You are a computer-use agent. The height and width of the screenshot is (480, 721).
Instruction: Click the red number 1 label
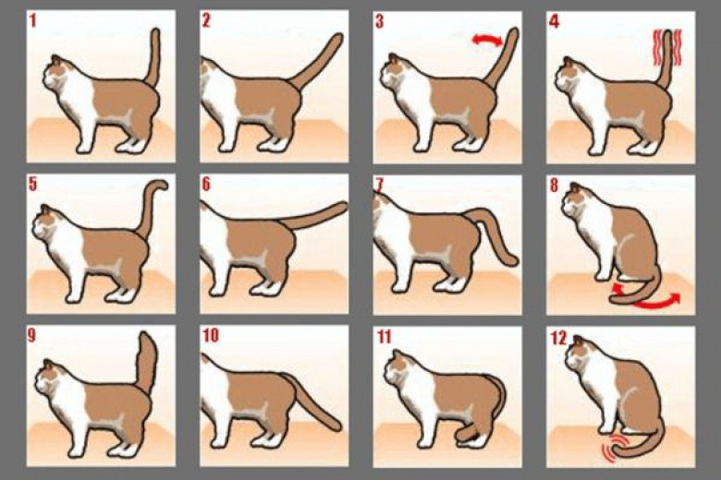pos(32,21)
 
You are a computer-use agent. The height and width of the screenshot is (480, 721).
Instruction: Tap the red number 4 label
pos(555,21)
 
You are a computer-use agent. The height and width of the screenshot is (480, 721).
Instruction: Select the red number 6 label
pos(206,185)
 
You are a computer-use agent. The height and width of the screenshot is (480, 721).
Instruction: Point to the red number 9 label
pos(31,335)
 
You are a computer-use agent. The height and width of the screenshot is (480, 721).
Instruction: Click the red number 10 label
pos(210,336)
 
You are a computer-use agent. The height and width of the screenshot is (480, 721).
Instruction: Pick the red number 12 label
pos(558,338)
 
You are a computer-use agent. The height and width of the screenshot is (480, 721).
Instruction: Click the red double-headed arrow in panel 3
pos(487,40)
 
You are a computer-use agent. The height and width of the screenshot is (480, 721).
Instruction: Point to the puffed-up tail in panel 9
pos(147,362)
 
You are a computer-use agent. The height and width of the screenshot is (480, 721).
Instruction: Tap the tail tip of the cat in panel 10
pos(337,426)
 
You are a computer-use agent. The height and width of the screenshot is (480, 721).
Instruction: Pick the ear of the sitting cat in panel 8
pos(575,187)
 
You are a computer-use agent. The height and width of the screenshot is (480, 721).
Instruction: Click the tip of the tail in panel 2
pos(338,38)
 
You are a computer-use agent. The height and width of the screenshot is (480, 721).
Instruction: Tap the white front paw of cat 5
pos(74,296)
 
